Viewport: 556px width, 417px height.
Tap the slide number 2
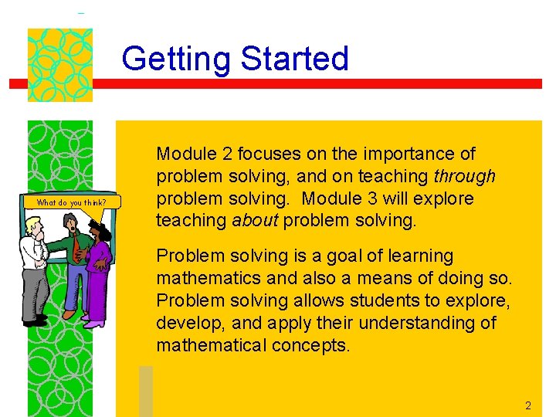[x=528, y=405]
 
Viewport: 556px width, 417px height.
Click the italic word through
[x=465, y=177]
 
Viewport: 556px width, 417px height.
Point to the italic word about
[x=256, y=221]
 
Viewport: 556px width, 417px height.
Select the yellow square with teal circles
[x=60, y=65]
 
